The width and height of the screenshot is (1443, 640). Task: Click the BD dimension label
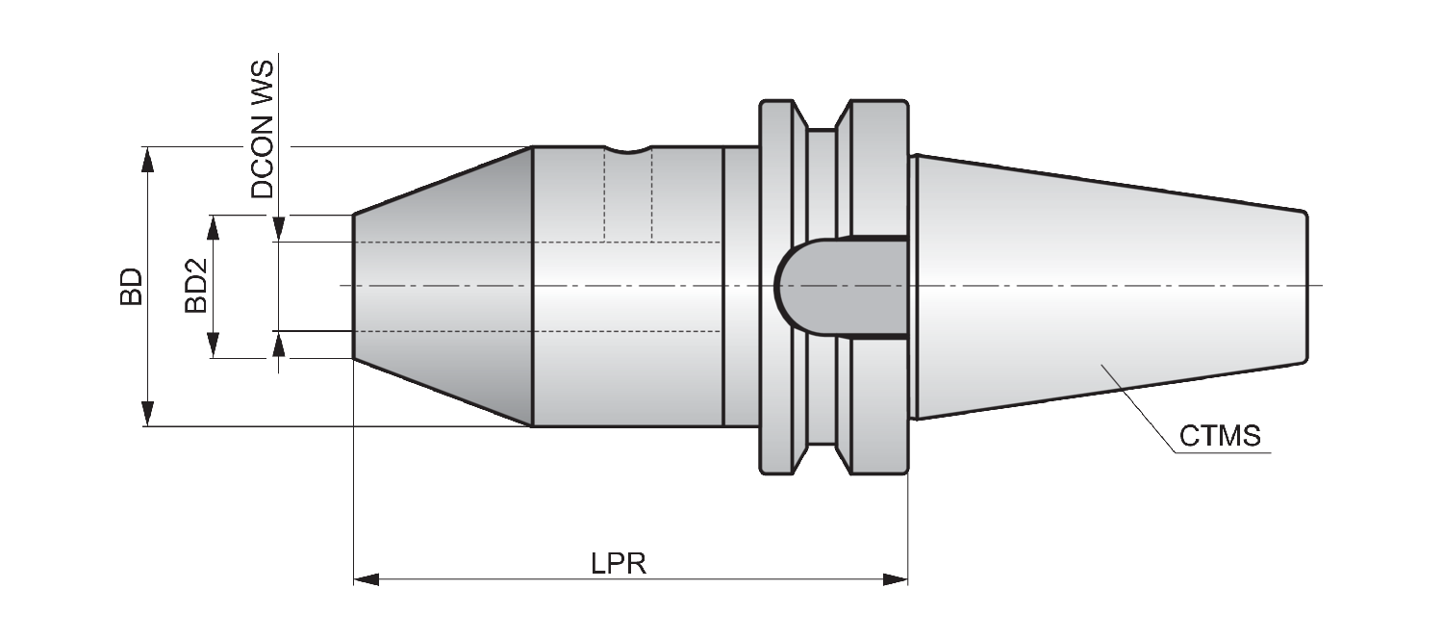132,287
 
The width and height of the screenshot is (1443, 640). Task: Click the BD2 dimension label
196,286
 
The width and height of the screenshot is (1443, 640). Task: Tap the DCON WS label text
263,130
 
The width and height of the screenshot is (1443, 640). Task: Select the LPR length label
619,564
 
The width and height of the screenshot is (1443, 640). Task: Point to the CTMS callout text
1220,436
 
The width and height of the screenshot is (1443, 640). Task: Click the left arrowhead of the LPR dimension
367,580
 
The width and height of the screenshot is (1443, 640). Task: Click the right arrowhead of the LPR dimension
896,580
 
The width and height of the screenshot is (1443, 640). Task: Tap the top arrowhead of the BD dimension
148,159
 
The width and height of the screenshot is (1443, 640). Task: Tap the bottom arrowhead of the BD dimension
148,414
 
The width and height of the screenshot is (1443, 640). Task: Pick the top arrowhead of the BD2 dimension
214,227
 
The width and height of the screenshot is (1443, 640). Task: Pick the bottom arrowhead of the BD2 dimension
214,346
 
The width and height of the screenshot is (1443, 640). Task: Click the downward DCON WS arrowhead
278,229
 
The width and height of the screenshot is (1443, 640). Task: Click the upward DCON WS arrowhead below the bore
278,345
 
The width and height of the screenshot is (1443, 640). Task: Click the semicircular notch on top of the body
628,150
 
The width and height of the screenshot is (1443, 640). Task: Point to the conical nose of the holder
443,287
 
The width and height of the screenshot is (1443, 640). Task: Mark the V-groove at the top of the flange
822,116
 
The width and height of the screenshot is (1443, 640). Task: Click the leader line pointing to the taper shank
1139,409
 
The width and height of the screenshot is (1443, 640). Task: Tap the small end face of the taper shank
1306,287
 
